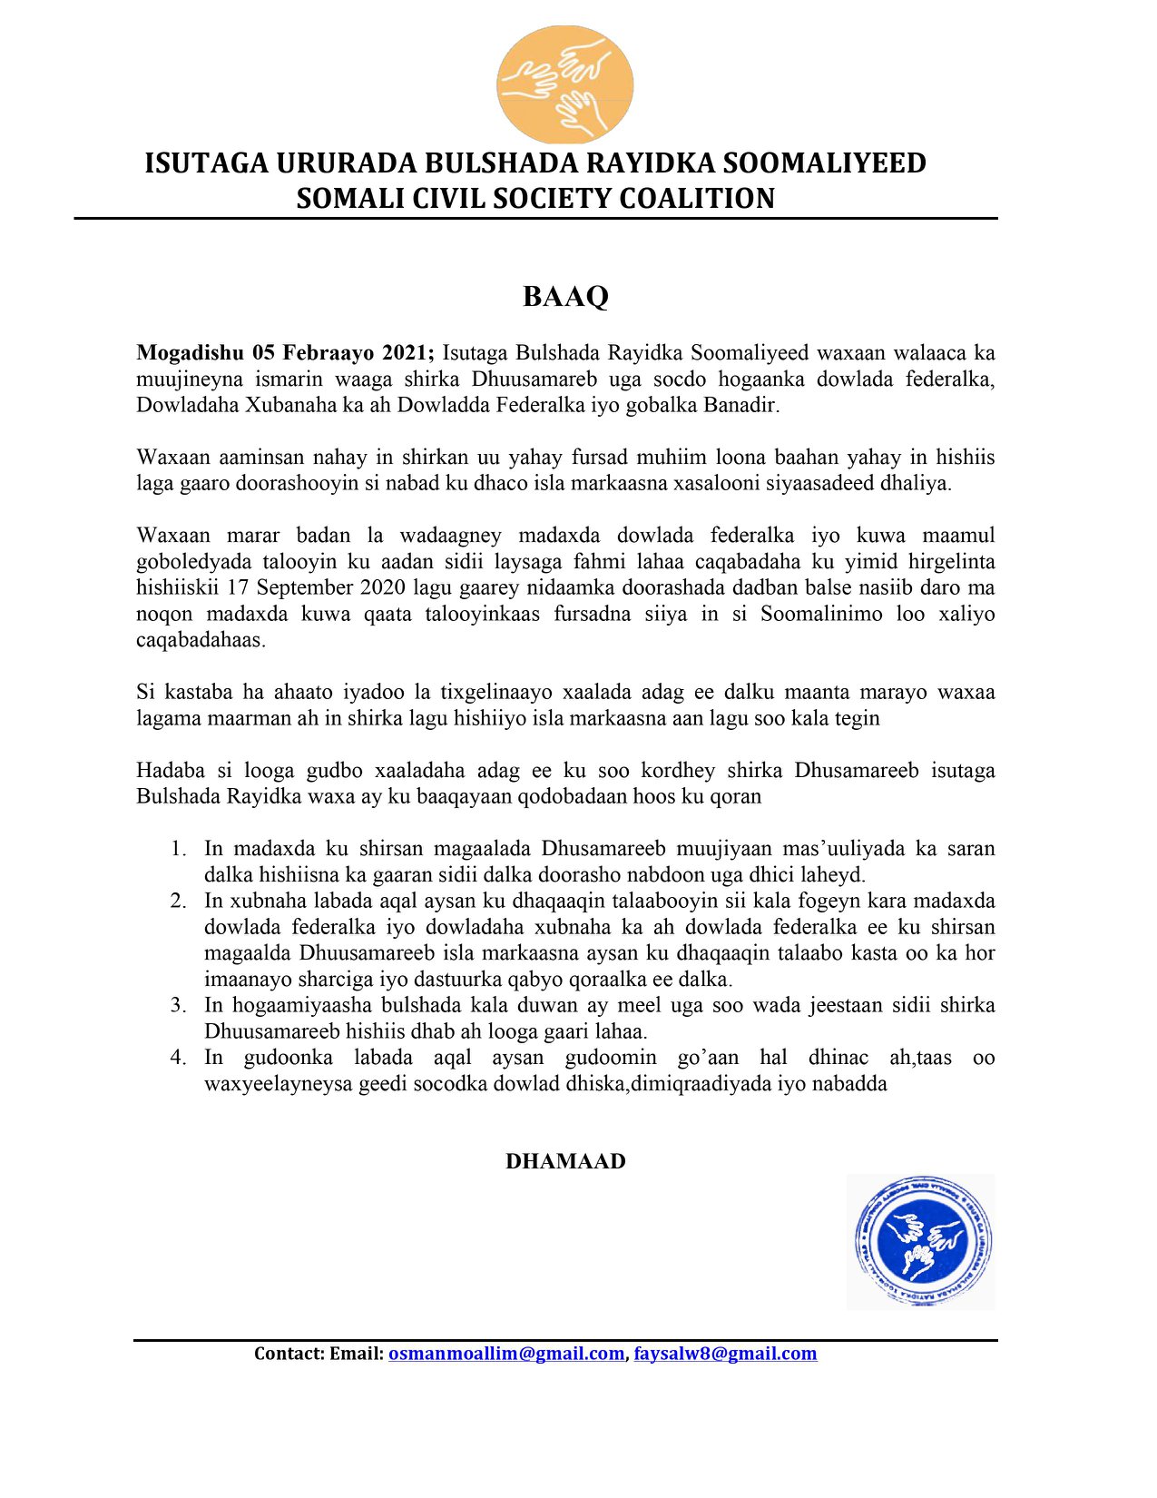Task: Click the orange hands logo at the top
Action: pyautogui.click(x=564, y=84)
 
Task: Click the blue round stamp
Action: pyautogui.click(x=922, y=1240)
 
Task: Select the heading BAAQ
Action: pyautogui.click(x=564, y=297)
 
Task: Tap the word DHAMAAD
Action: pyautogui.click(x=564, y=1161)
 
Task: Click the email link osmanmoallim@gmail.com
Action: pyautogui.click(x=506, y=1354)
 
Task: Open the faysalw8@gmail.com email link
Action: pyautogui.click(x=725, y=1354)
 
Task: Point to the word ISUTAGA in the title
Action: pyautogui.click(x=207, y=163)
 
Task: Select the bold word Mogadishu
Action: pyautogui.click(x=190, y=353)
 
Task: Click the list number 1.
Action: pyautogui.click(x=178, y=849)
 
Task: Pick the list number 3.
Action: pyautogui.click(x=178, y=1005)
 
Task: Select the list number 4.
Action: pyautogui.click(x=178, y=1058)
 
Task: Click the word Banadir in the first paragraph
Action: pyautogui.click(x=740, y=405)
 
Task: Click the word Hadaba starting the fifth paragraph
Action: pyautogui.click(x=171, y=771)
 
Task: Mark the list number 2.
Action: pyautogui.click(x=178, y=901)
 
